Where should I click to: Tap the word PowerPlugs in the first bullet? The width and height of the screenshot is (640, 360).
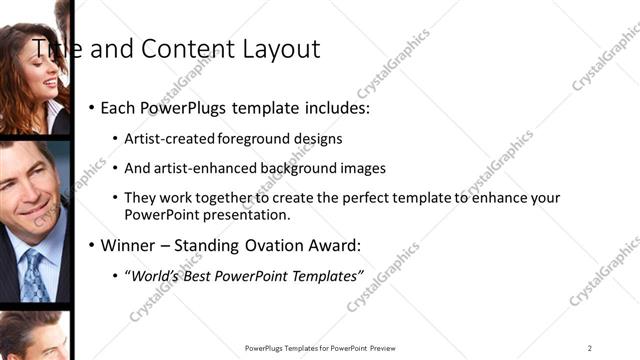coord(187,106)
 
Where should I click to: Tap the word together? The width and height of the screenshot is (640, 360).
coord(239,198)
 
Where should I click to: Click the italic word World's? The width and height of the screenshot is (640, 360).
coord(152,276)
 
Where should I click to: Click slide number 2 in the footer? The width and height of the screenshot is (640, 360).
coord(590,348)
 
